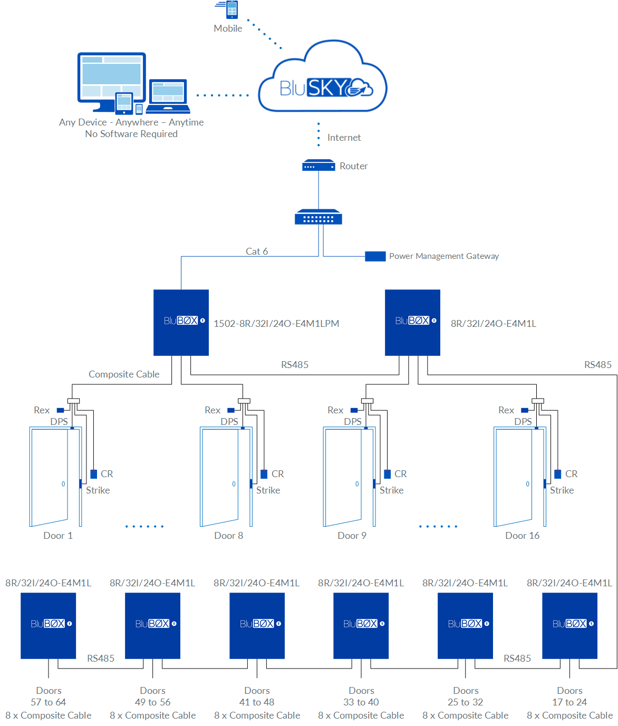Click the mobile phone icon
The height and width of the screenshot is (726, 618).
coord(231,9)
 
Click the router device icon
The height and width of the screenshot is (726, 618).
coord(318,166)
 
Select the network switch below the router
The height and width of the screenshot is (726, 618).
coord(318,217)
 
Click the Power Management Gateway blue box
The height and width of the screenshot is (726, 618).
coord(375,256)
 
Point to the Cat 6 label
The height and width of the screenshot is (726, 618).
coord(257,251)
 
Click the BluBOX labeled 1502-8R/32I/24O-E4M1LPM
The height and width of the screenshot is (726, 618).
coord(181,322)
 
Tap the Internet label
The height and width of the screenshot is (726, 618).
coord(344,138)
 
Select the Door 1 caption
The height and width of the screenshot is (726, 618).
coord(58,536)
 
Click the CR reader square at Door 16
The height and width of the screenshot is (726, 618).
coord(557,474)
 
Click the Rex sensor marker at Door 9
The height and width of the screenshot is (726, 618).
coord(354,410)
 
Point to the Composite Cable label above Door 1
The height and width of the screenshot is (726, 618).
coord(124,374)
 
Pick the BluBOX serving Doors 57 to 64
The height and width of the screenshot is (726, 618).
coord(48,625)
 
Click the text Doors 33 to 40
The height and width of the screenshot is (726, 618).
coord(361,696)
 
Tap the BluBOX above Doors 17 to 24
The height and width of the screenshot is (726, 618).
coord(569,625)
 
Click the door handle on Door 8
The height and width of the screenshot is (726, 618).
coord(234,484)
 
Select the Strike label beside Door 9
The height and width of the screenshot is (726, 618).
coord(391,490)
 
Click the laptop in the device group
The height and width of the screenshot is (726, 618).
coord(168,96)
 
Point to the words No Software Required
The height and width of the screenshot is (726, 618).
coord(131,134)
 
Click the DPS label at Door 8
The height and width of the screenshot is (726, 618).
coord(229,422)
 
